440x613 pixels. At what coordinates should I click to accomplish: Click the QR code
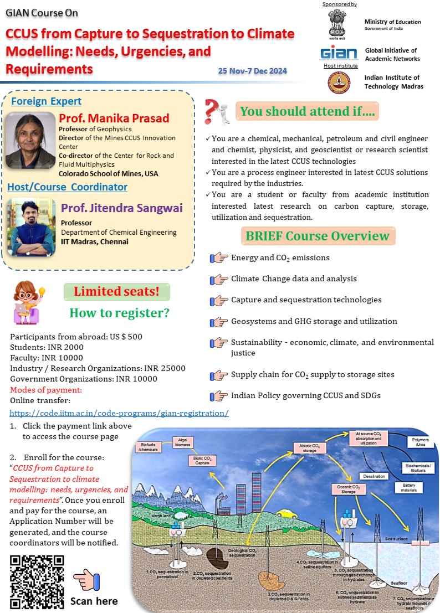pos(37,582)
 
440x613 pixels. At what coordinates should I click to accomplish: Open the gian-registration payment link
pos(119,414)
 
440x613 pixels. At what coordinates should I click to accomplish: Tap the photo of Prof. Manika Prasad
pos(30,141)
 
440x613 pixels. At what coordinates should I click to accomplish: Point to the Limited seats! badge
pos(117,291)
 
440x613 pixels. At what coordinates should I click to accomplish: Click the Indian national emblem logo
pos(339,23)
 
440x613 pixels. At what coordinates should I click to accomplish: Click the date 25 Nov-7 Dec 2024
pos(253,71)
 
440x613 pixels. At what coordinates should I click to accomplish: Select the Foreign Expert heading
pos(46,101)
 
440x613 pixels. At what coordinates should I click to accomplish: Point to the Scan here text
pos(94,601)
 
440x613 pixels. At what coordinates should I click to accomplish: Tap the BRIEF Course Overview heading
pos(318,236)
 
